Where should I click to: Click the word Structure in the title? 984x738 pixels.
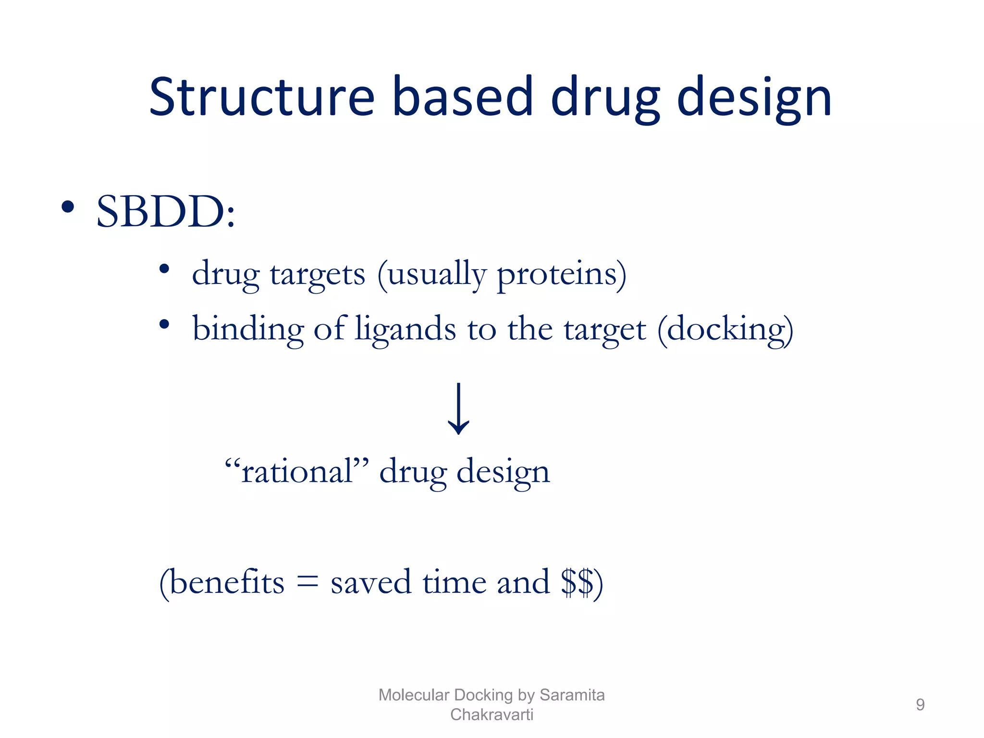point(262,97)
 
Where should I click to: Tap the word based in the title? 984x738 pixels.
point(463,97)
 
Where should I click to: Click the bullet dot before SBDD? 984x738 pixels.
point(68,207)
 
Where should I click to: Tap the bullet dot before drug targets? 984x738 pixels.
point(164,269)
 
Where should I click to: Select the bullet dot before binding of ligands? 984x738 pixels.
point(164,324)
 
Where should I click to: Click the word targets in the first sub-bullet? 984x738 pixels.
point(318,275)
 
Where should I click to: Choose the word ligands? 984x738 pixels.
point(406,330)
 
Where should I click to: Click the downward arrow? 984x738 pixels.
point(459,408)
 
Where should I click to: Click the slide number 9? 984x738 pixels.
point(920,704)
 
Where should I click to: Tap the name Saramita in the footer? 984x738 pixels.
point(572,695)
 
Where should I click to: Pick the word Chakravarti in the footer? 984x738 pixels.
point(492,714)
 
